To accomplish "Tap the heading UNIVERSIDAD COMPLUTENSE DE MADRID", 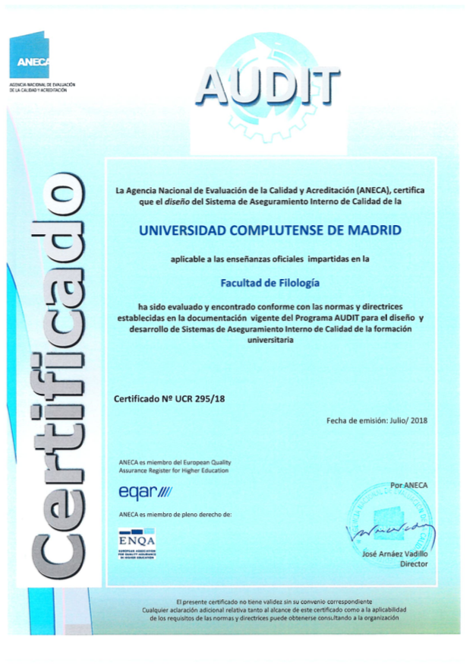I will tap(272, 229).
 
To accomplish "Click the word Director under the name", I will tap(413, 564).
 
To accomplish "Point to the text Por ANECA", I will tap(408, 484).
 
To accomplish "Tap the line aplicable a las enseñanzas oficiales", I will tap(270, 259).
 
